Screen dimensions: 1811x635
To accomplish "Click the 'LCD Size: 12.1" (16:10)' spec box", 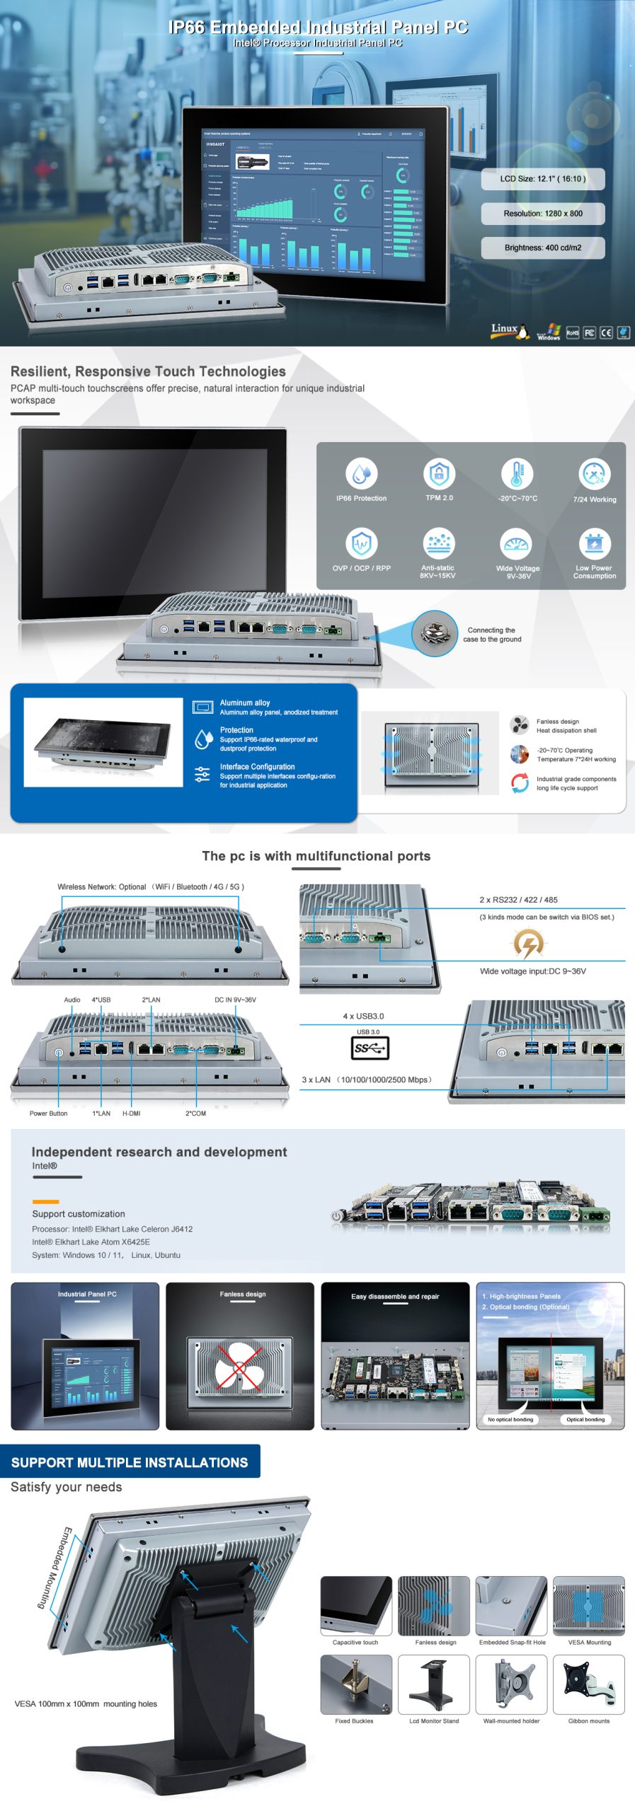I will (543, 179).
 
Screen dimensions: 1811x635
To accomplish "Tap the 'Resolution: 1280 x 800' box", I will (543, 214).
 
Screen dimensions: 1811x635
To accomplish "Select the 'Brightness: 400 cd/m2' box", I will (543, 248).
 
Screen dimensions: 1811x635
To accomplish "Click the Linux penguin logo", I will (522, 331).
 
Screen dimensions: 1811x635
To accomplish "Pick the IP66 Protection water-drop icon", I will (361, 473).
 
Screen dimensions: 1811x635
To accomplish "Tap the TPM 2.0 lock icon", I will (439, 473).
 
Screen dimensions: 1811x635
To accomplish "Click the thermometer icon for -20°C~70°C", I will (517, 473).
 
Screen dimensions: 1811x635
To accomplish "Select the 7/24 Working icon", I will (594, 474).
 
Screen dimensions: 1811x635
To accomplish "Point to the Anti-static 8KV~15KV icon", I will (438, 543).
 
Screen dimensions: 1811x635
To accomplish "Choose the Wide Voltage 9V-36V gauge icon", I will (517, 543).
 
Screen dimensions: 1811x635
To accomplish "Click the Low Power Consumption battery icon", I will (594, 543).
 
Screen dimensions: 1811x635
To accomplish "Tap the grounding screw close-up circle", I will (435, 633).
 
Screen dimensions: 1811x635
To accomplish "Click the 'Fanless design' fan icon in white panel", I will (520, 725).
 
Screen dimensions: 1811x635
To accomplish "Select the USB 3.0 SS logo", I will (370, 1048).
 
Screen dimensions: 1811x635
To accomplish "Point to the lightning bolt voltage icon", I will (528, 943).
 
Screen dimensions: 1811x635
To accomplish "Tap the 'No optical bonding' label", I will (510, 1419).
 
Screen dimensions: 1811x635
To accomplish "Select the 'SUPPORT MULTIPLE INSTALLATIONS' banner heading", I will (130, 1462).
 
